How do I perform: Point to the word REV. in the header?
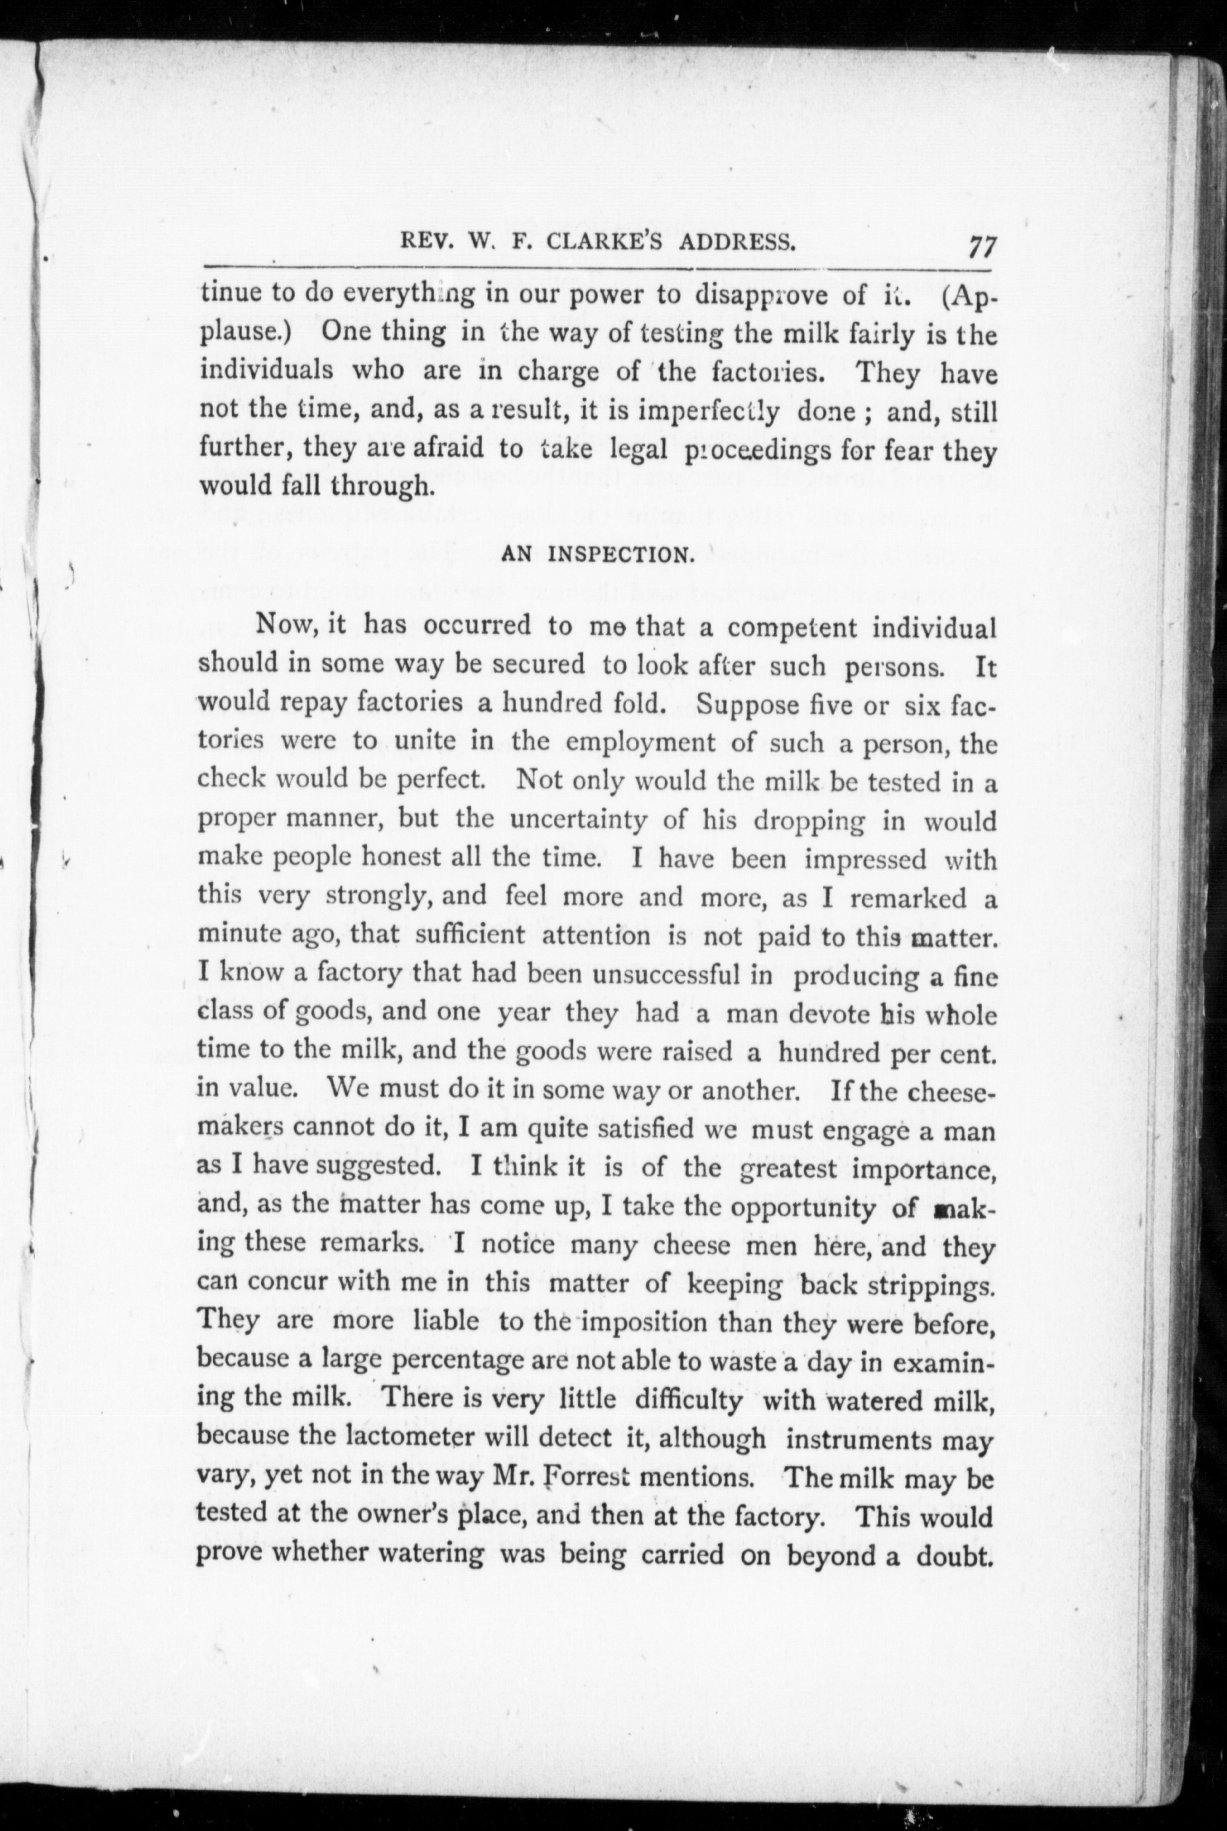427,242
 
